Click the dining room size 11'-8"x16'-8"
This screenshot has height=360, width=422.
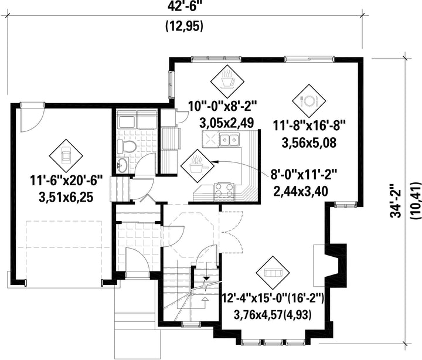coord(310,125)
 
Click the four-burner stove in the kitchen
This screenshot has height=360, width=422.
coord(224,189)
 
